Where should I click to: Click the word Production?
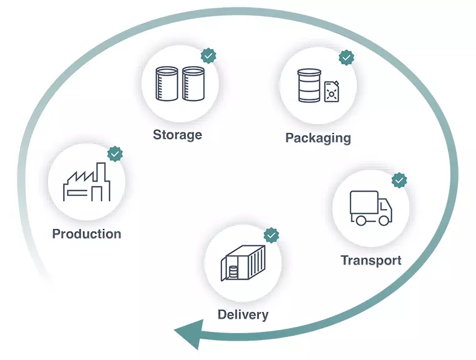(x=87, y=234)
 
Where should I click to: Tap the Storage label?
(x=178, y=135)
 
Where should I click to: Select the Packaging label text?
(x=318, y=138)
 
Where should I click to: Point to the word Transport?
(x=371, y=260)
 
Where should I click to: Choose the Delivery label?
(x=243, y=314)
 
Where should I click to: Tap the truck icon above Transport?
(x=371, y=208)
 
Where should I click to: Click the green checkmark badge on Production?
(x=115, y=153)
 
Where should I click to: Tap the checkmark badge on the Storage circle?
(x=208, y=56)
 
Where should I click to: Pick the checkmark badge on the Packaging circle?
(x=346, y=58)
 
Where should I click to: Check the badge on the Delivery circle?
(x=271, y=235)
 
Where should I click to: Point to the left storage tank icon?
(x=167, y=84)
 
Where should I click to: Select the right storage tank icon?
(x=193, y=84)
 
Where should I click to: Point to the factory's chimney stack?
(x=98, y=173)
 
